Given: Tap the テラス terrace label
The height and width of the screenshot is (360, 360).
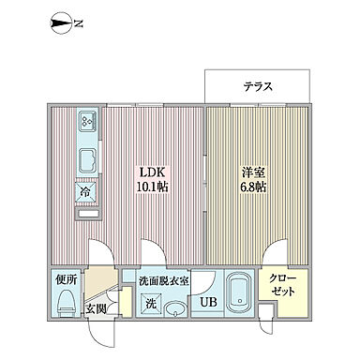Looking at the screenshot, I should pyautogui.click(x=258, y=86).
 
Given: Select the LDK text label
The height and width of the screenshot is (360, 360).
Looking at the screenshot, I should pyautogui.click(x=154, y=172).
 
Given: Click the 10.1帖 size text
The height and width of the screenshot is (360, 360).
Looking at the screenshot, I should pyautogui.click(x=155, y=187).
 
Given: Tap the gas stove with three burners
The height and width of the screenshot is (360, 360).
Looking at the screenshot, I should pyautogui.click(x=87, y=122).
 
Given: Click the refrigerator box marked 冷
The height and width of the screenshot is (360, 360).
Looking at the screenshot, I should pyautogui.click(x=86, y=190).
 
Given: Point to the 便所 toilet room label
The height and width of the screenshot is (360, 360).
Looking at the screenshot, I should pyautogui.click(x=64, y=280).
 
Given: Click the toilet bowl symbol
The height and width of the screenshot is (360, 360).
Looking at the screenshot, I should pyautogui.click(x=66, y=302).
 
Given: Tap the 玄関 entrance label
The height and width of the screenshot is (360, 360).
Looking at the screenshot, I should pyautogui.click(x=97, y=307).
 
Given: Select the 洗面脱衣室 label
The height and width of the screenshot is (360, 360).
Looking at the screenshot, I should pyautogui.click(x=164, y=280).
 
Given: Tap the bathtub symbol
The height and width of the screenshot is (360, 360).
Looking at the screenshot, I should pyautogui.click(x=238, y=291).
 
